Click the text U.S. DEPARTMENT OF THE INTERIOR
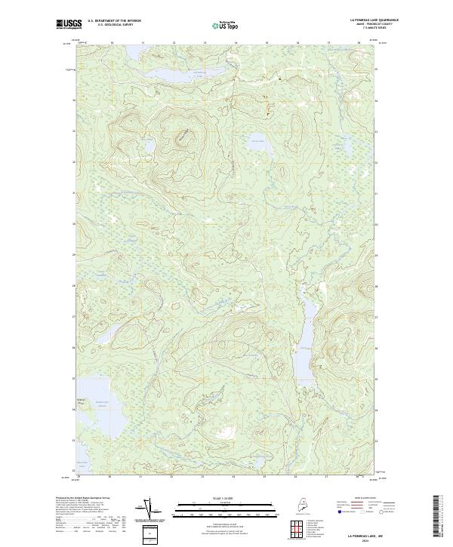[115, 21]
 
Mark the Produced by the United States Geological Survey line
[83, 499]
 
